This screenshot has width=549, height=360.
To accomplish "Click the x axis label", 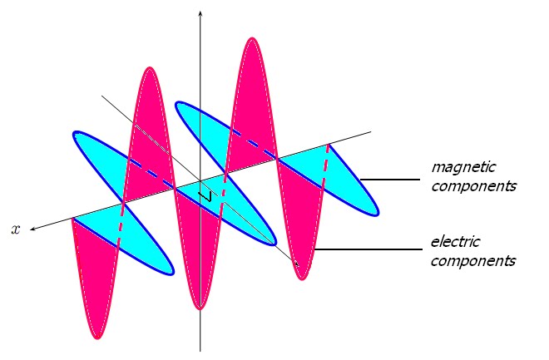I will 15,229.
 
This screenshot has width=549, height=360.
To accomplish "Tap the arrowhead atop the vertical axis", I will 200,13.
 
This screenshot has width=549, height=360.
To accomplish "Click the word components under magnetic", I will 473,185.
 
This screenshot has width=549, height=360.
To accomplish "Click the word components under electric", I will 473,261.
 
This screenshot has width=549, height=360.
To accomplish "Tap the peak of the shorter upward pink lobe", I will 151,70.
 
